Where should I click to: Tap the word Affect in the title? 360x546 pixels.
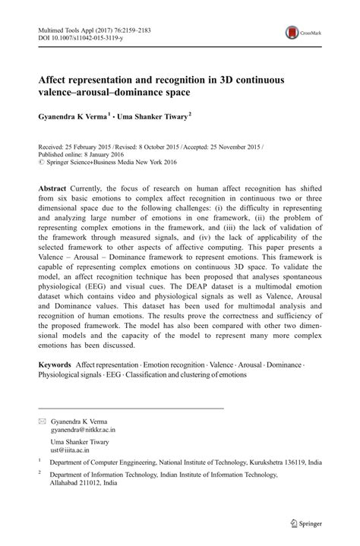pos(58,77)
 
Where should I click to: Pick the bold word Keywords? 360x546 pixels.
pos(59,365)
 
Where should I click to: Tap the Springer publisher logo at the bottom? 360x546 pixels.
pos(306,523)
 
